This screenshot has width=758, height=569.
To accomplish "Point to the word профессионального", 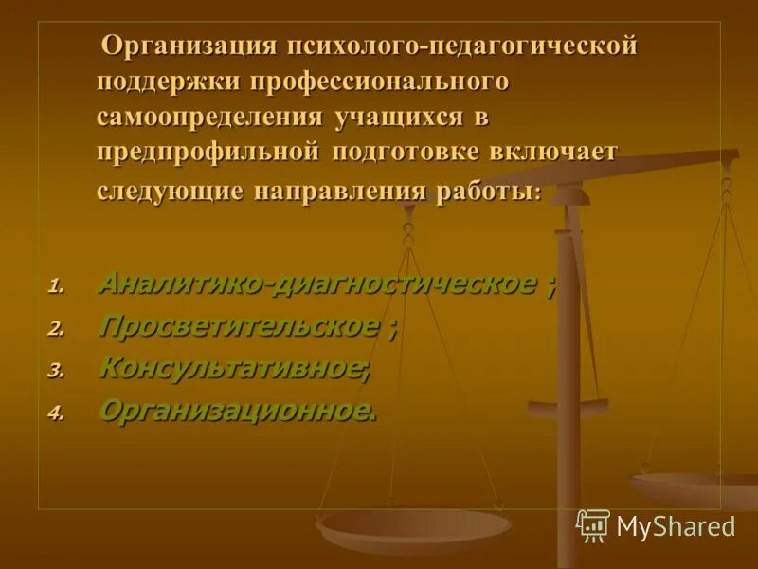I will pos(380,82).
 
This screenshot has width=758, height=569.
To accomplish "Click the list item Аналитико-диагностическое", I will pos(316,283).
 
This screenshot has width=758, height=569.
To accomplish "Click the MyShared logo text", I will pos(675,526).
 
